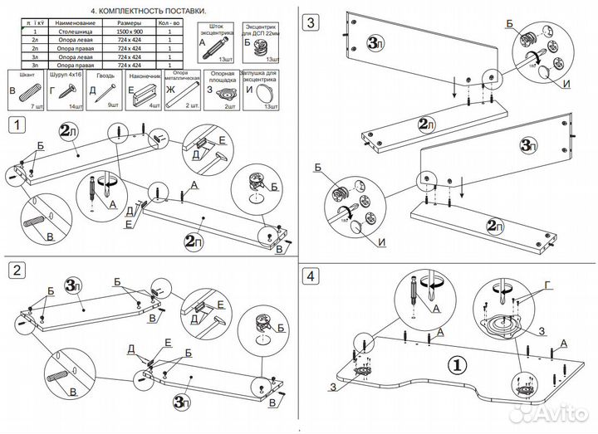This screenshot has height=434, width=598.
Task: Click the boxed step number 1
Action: click(x=17, y=125)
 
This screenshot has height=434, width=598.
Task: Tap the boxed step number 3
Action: click(x=310, y=23)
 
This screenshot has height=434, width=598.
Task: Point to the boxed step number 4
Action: click(x=310, y=275)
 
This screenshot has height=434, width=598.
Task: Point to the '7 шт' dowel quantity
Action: click(x=35, y=108)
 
